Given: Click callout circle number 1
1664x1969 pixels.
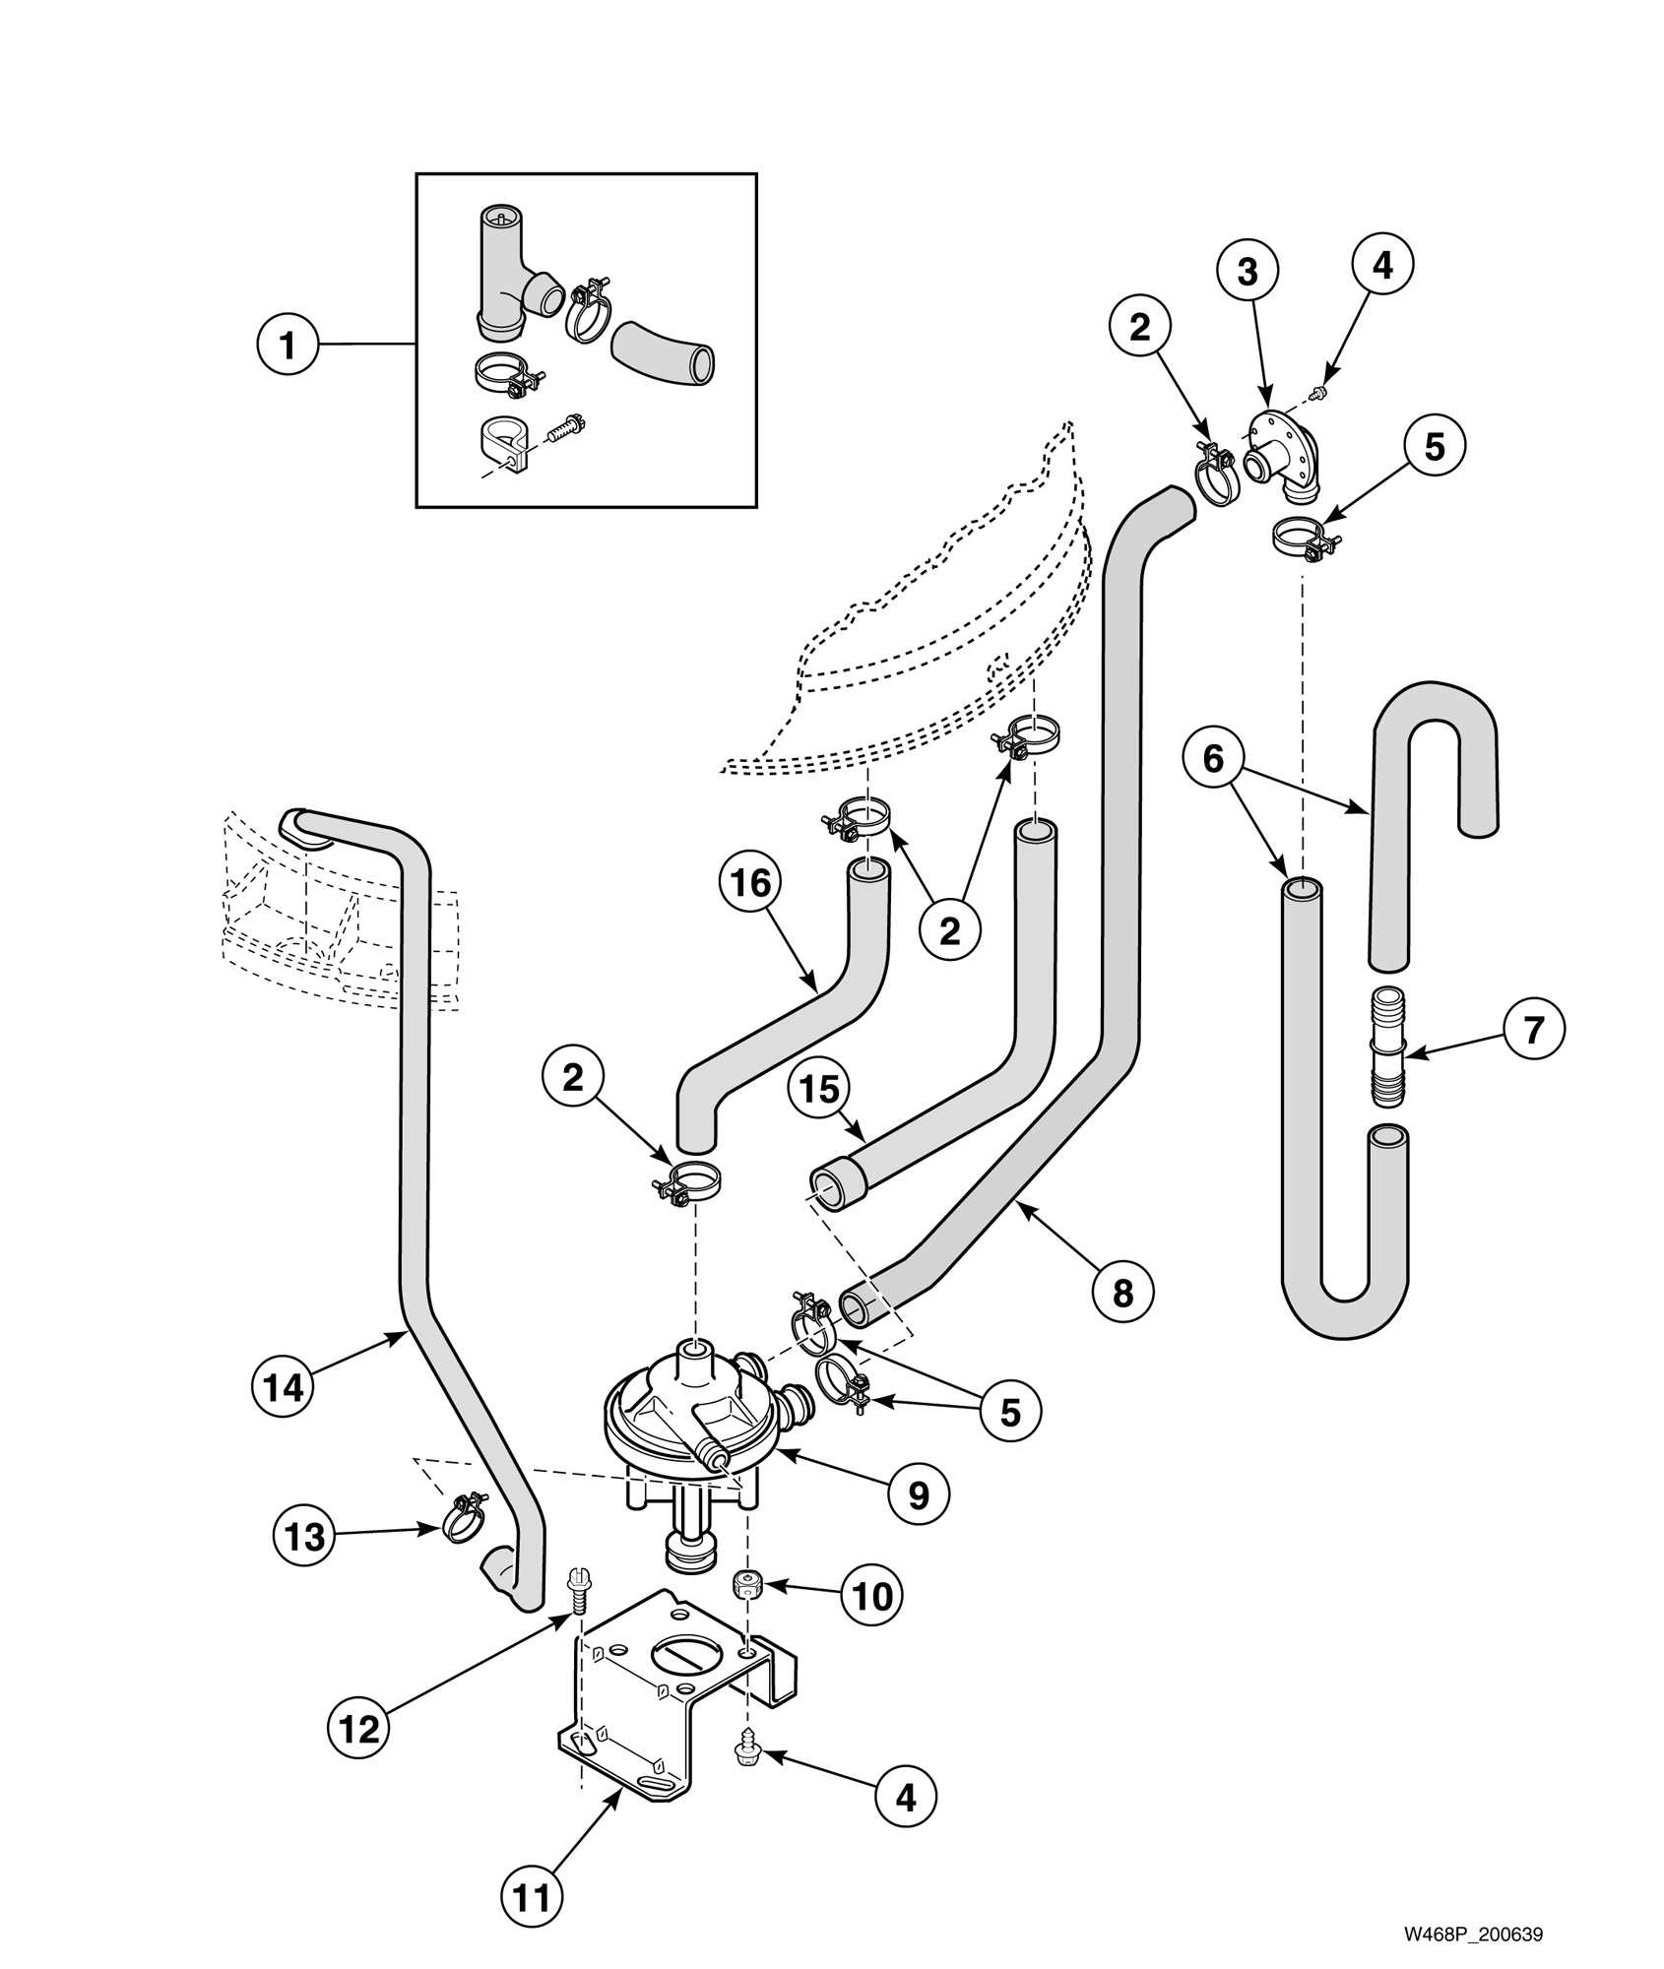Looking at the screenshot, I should pyautogui.click(x=287, y=346).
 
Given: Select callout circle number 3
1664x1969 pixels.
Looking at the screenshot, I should pyautogui.click(x=1248, y=272).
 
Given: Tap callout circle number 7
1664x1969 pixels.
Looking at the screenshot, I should pyautogui.click(x=1533, y=1029).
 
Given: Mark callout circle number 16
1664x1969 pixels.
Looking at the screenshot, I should pyautogui.click(x=750, y=883).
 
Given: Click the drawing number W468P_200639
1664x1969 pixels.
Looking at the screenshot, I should pyautogui.click(x=1472, y=1907).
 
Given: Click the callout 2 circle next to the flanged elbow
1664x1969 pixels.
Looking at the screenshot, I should pyautogui.click(x=1139, y=327).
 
